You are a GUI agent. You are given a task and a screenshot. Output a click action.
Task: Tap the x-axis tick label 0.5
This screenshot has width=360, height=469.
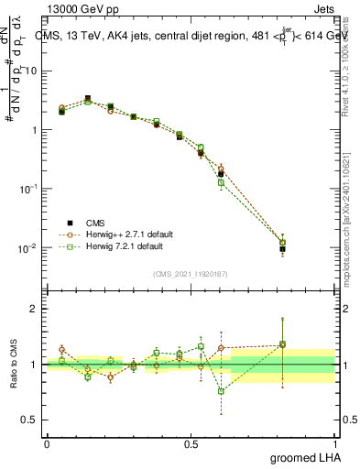click(x=191, y=442)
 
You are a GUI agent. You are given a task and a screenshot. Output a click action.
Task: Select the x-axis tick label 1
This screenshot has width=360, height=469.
click(x=334, y=442)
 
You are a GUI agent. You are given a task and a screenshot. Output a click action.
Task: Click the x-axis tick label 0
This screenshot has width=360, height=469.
click(x=47, y=442)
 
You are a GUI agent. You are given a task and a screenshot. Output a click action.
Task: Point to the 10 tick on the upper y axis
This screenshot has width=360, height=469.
click(x=33, y=71)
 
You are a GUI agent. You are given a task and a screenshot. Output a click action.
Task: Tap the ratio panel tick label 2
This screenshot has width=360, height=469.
click(x=35, y=309)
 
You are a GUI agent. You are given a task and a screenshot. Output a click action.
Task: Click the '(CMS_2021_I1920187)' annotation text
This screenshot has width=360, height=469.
click(x=191, y=274)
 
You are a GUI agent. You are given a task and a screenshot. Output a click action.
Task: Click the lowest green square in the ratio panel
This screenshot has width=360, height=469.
click(x=221, y=391)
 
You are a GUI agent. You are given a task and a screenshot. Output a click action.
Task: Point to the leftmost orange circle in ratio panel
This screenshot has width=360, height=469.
click(x=61, y=349)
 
